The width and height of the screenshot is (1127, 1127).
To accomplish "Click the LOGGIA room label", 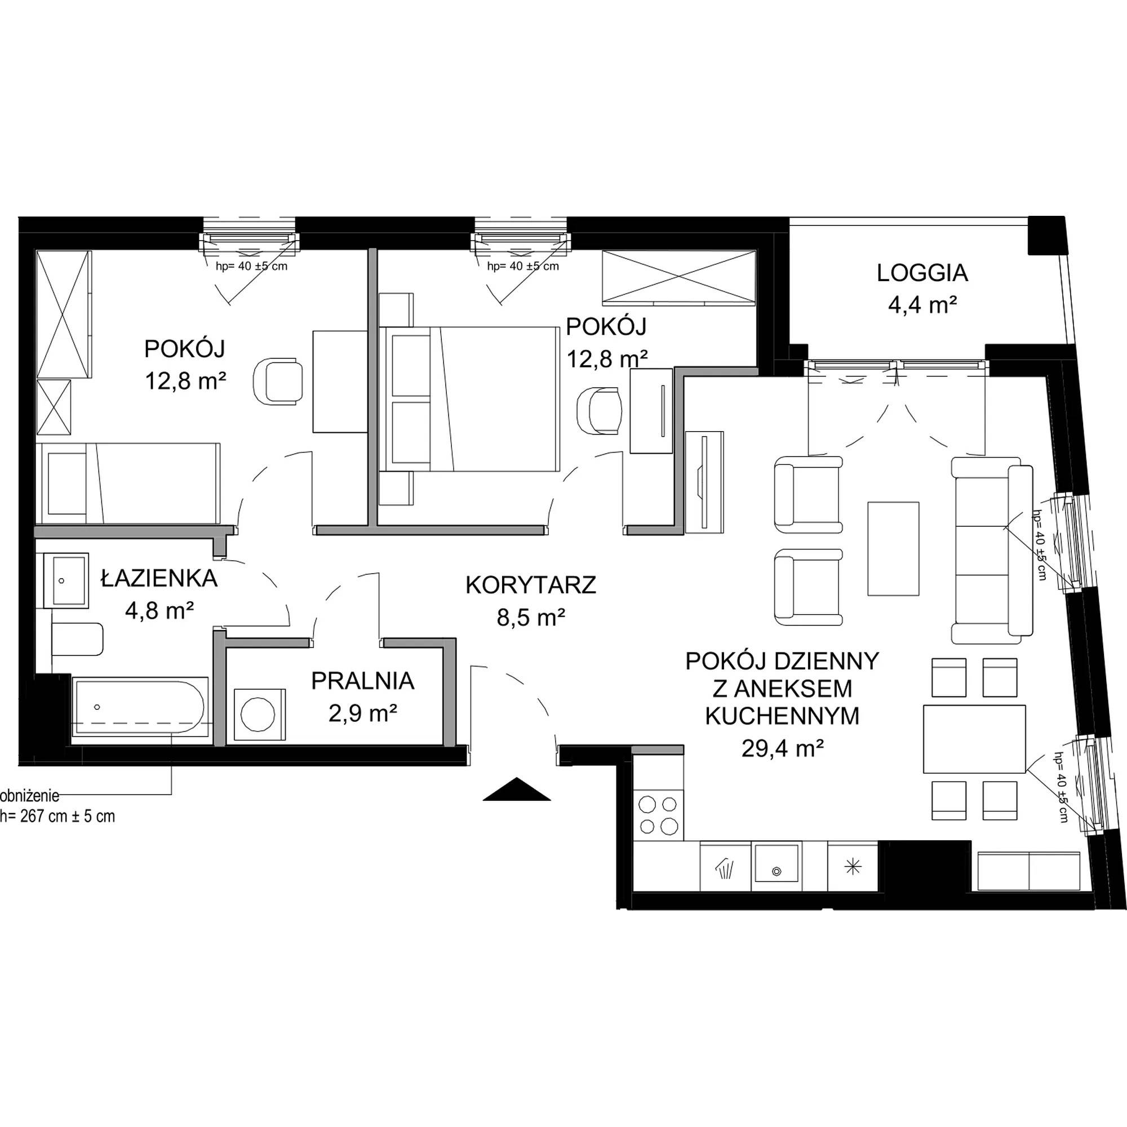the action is [922, 274].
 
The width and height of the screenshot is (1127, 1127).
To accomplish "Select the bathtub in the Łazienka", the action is [140, 710].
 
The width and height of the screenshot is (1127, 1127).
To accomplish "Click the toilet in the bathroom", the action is [77, 640].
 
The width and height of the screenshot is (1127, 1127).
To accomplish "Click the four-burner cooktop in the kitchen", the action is [659, 815].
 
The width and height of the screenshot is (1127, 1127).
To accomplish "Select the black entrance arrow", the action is [516, 790].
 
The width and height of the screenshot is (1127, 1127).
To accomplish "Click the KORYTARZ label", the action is [530, 585].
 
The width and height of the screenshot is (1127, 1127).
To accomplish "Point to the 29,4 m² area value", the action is [782, 748].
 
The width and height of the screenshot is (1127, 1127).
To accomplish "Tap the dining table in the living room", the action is [974, 739].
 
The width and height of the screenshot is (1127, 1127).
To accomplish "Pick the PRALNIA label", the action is [362, 681].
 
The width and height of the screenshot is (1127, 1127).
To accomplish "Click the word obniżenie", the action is [30, 795].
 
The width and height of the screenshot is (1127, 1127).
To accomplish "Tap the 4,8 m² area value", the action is [159, 611].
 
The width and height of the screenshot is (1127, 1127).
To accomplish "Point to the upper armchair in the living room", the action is [808, 495].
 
